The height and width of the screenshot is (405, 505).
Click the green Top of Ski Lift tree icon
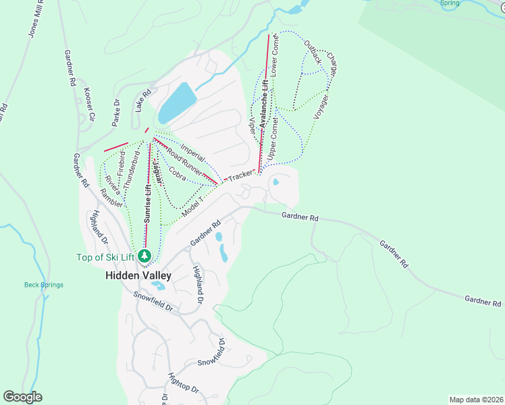click(144, 256)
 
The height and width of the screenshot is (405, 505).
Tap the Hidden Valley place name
click(138, 275)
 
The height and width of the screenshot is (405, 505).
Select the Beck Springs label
click(44, 285)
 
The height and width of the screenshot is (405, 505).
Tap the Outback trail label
click(312, 52)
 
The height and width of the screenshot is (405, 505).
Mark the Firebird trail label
click(122, 163)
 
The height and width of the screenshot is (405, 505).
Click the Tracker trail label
click(239, 175)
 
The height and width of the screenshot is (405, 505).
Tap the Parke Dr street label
click(116, 113)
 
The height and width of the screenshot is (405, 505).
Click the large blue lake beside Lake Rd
click(178, 101)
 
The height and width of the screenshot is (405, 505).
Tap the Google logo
click(22, 397)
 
